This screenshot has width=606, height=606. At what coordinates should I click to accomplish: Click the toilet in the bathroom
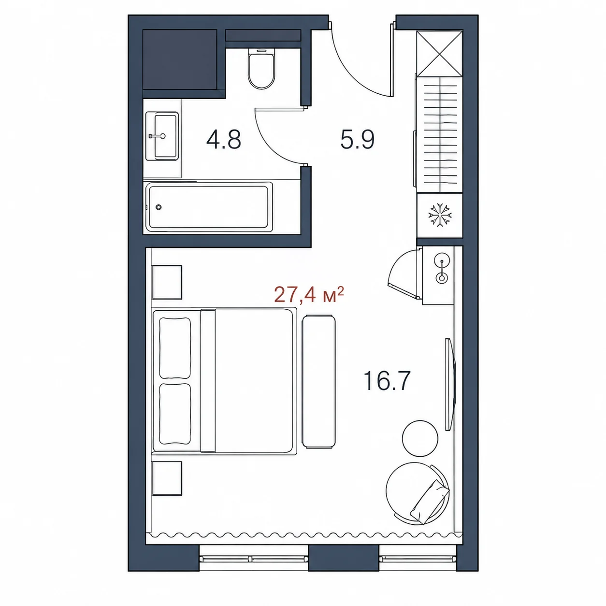pos(261,68)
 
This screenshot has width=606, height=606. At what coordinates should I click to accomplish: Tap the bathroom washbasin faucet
pos(158,136)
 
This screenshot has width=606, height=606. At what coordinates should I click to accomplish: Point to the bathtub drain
pos(159,207)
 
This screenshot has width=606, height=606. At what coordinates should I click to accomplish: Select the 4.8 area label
pos(224,140)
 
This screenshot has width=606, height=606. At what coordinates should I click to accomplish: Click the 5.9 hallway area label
pos(357,140)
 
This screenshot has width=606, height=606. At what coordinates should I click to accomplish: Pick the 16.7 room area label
pos(387,381)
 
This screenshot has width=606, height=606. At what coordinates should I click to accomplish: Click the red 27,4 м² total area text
pos(309,294)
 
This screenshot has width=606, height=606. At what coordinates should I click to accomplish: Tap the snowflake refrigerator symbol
pos(440,215)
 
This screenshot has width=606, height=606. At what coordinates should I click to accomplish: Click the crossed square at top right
pos(440,54)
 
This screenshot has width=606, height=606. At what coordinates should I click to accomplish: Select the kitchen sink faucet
pos(442,270)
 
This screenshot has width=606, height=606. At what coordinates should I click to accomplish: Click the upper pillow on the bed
pos(175,348)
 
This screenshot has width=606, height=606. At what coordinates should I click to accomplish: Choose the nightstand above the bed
pos(167,283)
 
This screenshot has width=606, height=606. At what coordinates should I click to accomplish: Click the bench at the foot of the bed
pos(318,381)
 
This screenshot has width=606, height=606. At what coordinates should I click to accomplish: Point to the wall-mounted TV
pos(450,384)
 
